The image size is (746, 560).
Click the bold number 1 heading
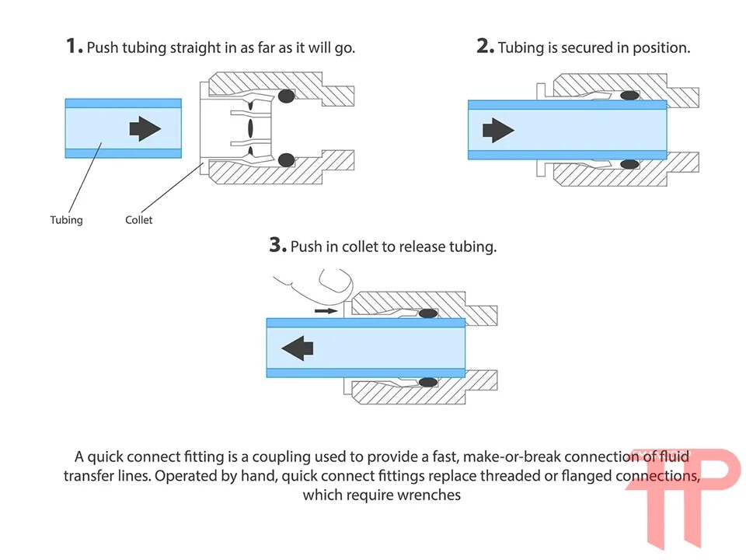click(x=74, y=46)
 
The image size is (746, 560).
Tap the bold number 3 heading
click(x=278, y=245)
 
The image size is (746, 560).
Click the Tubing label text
click(x=66, y=220)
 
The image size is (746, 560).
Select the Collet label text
click(x=139, y=220)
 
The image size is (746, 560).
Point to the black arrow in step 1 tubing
click(x=145, y=128)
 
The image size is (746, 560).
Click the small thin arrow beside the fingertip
click(x=327, y=310)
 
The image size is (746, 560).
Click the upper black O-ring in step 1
click(x=287, y=96)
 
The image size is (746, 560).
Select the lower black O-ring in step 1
click(x=287, y=159)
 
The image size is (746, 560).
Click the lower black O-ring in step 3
click(x=427, y=382)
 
